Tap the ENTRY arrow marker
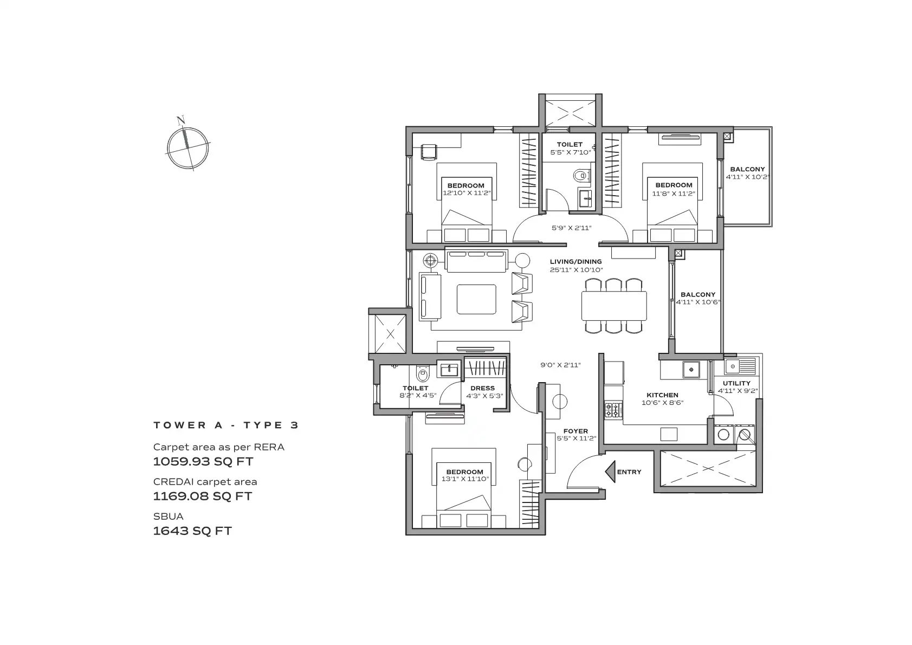[x=610, y=472]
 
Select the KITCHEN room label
[x=662, y=395]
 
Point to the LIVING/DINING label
[x=575, y=262]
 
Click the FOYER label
[x=575, y=431]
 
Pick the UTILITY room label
[x=736, y=383]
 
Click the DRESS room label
[x=482, y=388]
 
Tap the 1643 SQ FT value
[x=192, y=531]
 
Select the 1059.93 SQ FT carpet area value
[x=203, y=462]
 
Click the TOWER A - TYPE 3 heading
[x=226, y=425]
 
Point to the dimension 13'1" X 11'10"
[x=465, y=479]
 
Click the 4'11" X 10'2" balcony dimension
[x=747, y=177]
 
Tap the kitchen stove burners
[x=613, y=410]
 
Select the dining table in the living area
[x=614, y=305]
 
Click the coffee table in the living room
[x=476, y=299]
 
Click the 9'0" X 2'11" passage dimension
[x=560, y=365]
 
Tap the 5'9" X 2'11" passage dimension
[x=571, y=228]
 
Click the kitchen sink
[x=691, y=370]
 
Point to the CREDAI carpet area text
[x=205, y=482]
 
